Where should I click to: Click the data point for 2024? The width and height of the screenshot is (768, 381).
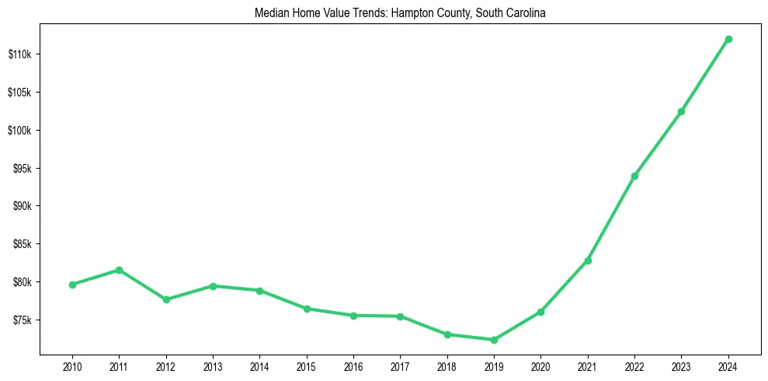[728, 39]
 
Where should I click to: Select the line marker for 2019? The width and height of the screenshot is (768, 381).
[494, 340]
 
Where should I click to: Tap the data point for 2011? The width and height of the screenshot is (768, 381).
[119, 270]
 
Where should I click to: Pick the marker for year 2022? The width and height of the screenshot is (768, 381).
[634, 176]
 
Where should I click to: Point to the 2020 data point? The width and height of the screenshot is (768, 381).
[540, 312]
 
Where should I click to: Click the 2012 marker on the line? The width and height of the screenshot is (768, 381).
[166, 299]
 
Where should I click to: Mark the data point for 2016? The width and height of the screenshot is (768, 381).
[353, 316]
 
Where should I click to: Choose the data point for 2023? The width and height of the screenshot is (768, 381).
[681, 111]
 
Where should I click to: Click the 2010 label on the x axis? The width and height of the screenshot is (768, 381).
[72, 365]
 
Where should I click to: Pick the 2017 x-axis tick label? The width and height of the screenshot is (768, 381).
[400, 365]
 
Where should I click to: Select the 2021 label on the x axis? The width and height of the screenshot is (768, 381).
[588, 365]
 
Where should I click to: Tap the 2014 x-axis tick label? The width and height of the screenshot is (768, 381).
[259, 365]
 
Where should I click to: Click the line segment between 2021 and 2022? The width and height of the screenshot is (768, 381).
[611, 218]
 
